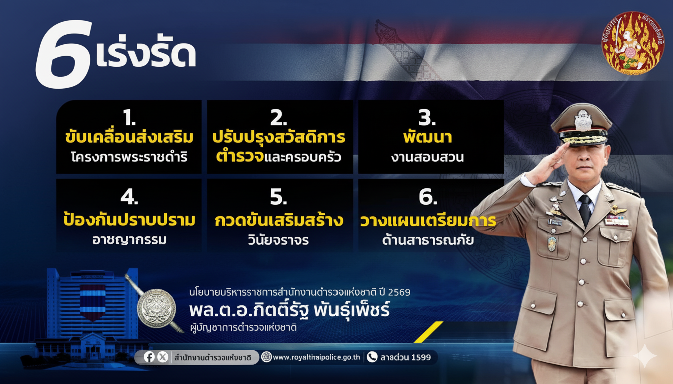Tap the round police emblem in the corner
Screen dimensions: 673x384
633,43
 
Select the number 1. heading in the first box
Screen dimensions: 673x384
129,117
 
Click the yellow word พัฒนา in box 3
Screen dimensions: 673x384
428,137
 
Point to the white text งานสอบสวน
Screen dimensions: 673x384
428,157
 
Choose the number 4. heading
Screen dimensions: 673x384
129,197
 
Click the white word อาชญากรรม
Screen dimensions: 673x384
129,240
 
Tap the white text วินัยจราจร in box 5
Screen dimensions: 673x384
278,240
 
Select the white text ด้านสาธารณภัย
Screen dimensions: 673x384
428,240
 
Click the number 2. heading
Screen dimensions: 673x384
278,117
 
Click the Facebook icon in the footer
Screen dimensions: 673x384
149,357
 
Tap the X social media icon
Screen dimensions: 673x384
163,357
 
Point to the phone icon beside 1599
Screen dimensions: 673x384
372,357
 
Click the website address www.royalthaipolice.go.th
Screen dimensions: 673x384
316,357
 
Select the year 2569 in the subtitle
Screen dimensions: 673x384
399,292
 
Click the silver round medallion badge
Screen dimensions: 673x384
156,308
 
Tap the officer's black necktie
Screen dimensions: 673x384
585,210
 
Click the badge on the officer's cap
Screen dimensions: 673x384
583,120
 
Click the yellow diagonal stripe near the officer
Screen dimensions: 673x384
429,332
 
